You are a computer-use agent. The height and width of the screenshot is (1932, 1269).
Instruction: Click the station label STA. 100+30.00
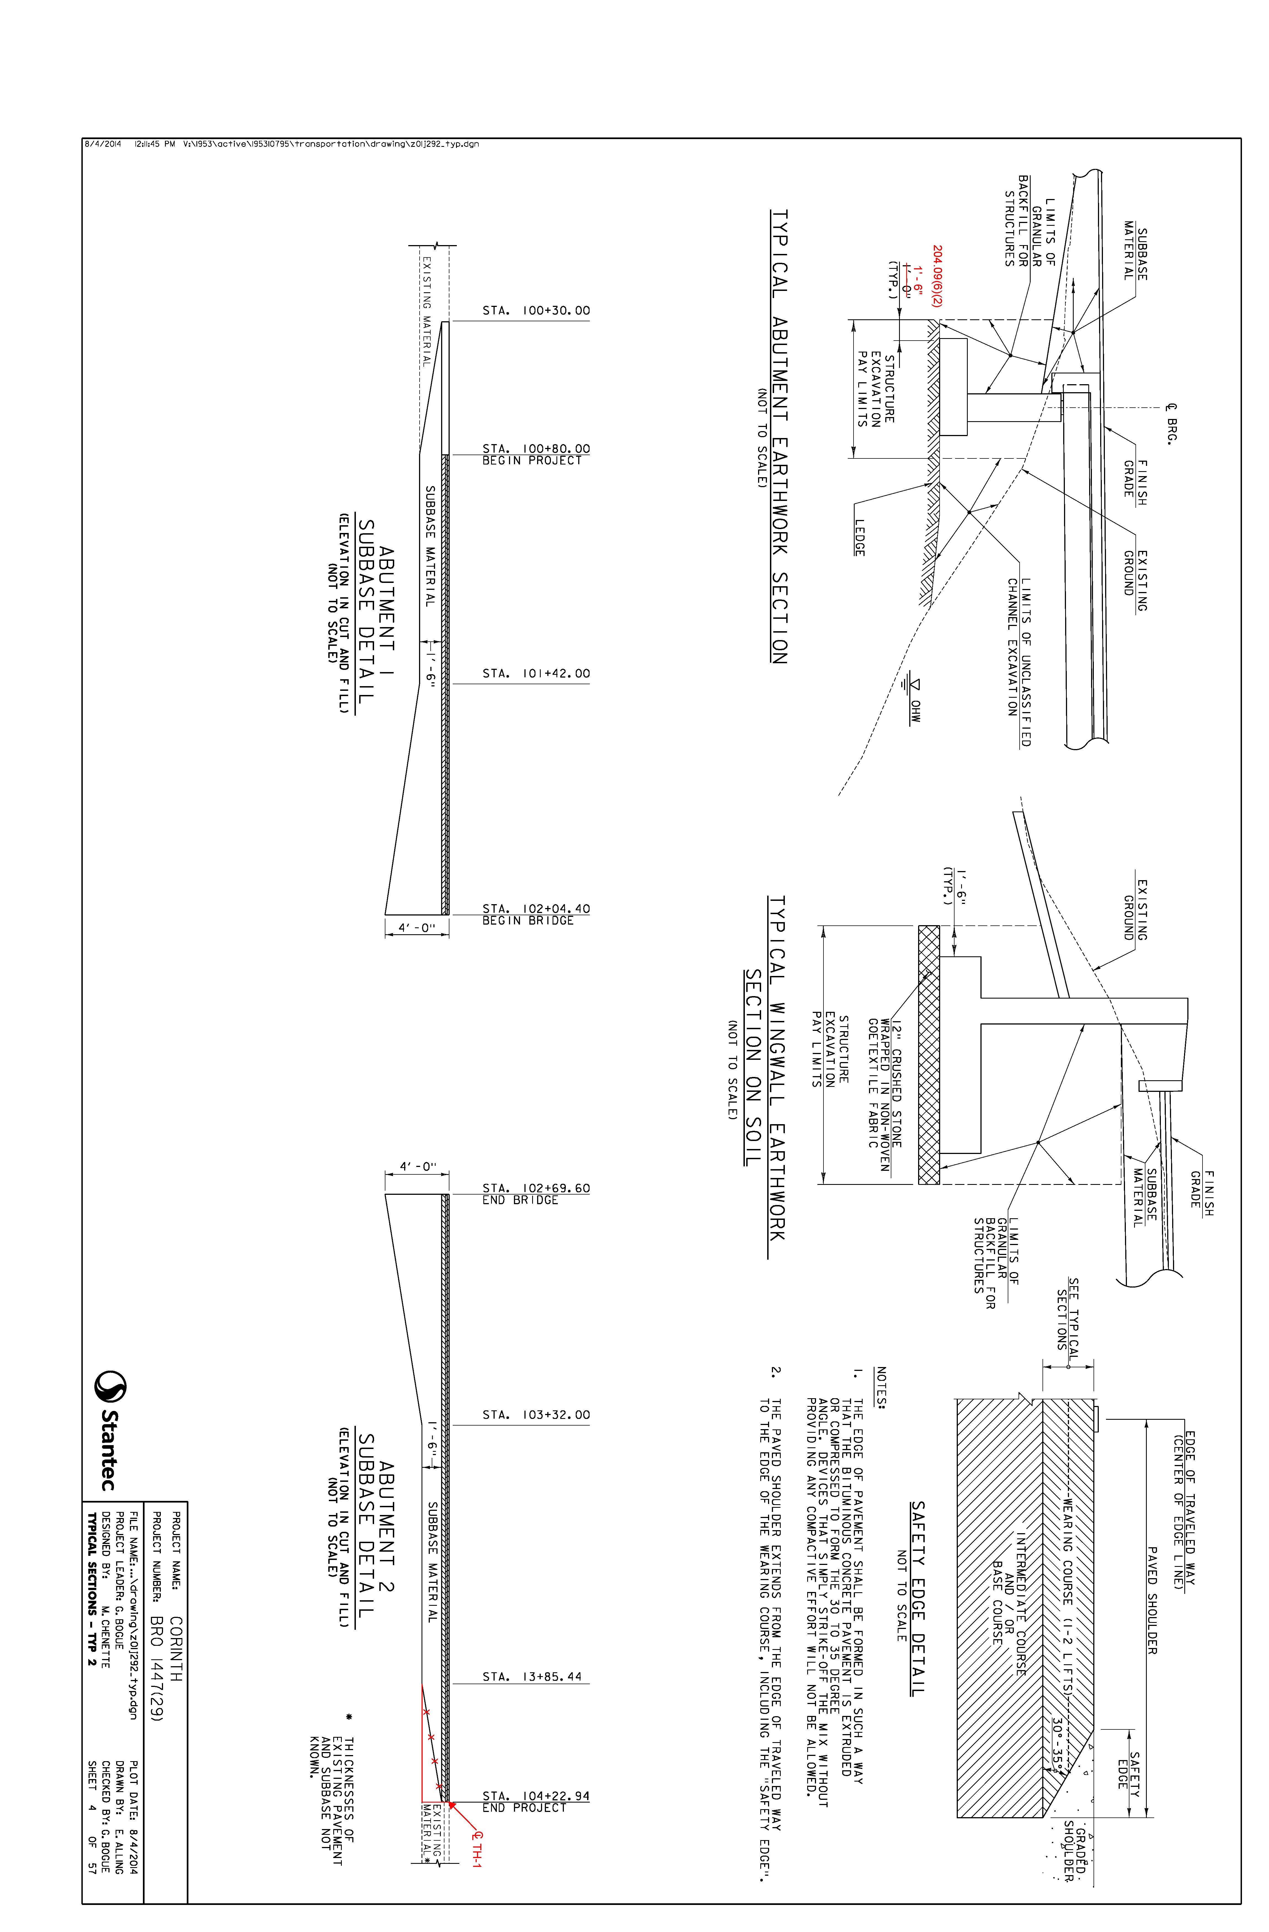(x=536, y=311)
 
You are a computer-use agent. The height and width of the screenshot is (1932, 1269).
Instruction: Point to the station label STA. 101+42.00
(x=536, y=674)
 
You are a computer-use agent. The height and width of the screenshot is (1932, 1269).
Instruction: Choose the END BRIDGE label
(x=520, y=1200)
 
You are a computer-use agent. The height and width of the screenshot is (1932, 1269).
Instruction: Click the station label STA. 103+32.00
(x=536, y=1415)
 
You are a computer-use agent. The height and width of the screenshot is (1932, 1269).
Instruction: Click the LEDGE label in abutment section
(x=859, y=537)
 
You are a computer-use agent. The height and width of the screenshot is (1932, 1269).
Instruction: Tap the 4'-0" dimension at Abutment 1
(x=417, y=927)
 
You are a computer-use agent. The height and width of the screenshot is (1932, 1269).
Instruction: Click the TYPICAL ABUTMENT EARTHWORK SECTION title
(x=779, y=437)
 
